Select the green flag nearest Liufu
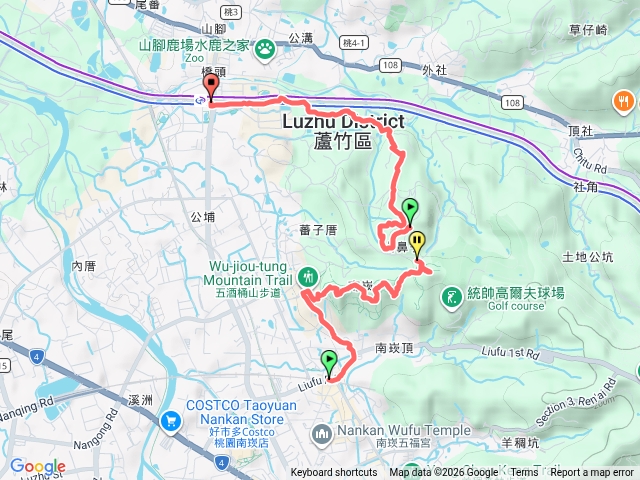point(329,361)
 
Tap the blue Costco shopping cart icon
point(172,420)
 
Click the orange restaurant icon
point(622,100)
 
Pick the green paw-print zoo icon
point(265,48)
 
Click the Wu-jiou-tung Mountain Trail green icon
point(308,274)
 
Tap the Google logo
point(38,466)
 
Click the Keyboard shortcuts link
point(334,473)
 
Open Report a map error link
point(593,473)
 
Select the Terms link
point(525,473)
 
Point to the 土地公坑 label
point(587,257)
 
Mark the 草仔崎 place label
point(588,31)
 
